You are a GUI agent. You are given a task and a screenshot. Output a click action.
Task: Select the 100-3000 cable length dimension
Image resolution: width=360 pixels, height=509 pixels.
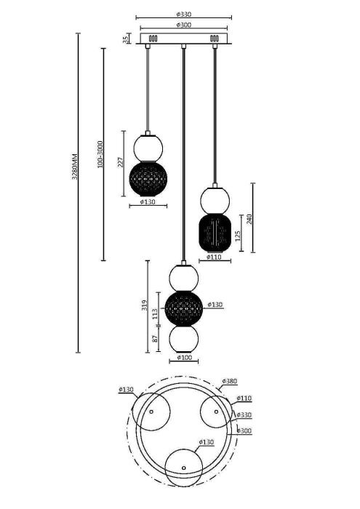click(100, 155)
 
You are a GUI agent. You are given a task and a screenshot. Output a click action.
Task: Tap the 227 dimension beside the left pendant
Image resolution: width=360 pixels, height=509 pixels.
click(121, 162)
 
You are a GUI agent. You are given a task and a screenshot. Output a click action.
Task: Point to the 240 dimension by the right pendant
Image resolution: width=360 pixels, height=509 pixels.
click(249, 218)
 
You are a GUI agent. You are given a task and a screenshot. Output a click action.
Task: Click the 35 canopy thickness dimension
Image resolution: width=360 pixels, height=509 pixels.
click(125, 39)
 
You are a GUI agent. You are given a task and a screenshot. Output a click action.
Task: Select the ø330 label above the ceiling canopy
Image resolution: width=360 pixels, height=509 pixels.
click(183, 13)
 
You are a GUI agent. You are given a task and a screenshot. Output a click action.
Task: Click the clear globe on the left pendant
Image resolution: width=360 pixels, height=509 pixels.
click(148, 147)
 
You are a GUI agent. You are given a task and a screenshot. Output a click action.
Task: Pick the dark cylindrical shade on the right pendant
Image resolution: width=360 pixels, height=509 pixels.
click(215, 232)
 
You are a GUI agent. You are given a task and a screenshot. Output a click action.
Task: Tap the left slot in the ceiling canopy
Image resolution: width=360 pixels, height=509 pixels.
click(153, 39)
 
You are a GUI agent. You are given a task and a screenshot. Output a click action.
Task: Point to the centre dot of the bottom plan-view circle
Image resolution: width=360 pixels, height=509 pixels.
click(184, 467)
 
